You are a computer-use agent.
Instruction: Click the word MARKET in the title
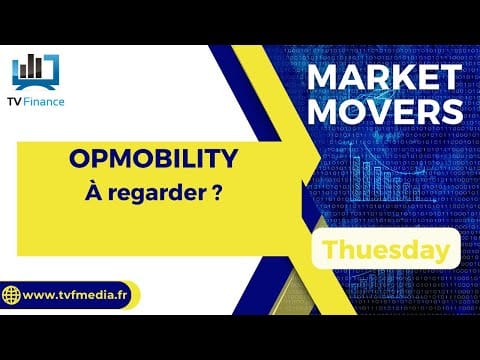(384, 77)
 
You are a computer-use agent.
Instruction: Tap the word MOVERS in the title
(385, 111)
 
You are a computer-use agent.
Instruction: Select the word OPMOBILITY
(154, 159)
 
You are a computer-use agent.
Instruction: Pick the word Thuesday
(387, 249)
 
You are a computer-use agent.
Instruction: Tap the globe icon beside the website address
(11, 295)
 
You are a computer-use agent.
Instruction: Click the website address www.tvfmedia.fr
(75, 295)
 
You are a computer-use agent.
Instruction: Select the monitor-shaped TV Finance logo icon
(36, 72)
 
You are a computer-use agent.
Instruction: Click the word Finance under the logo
(44, 101)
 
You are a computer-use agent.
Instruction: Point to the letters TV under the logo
(15, 102)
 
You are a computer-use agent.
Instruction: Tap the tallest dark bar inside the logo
(31, 66)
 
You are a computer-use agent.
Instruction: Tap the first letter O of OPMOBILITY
(80, 159)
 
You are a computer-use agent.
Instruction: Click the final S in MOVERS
(452, 111)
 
